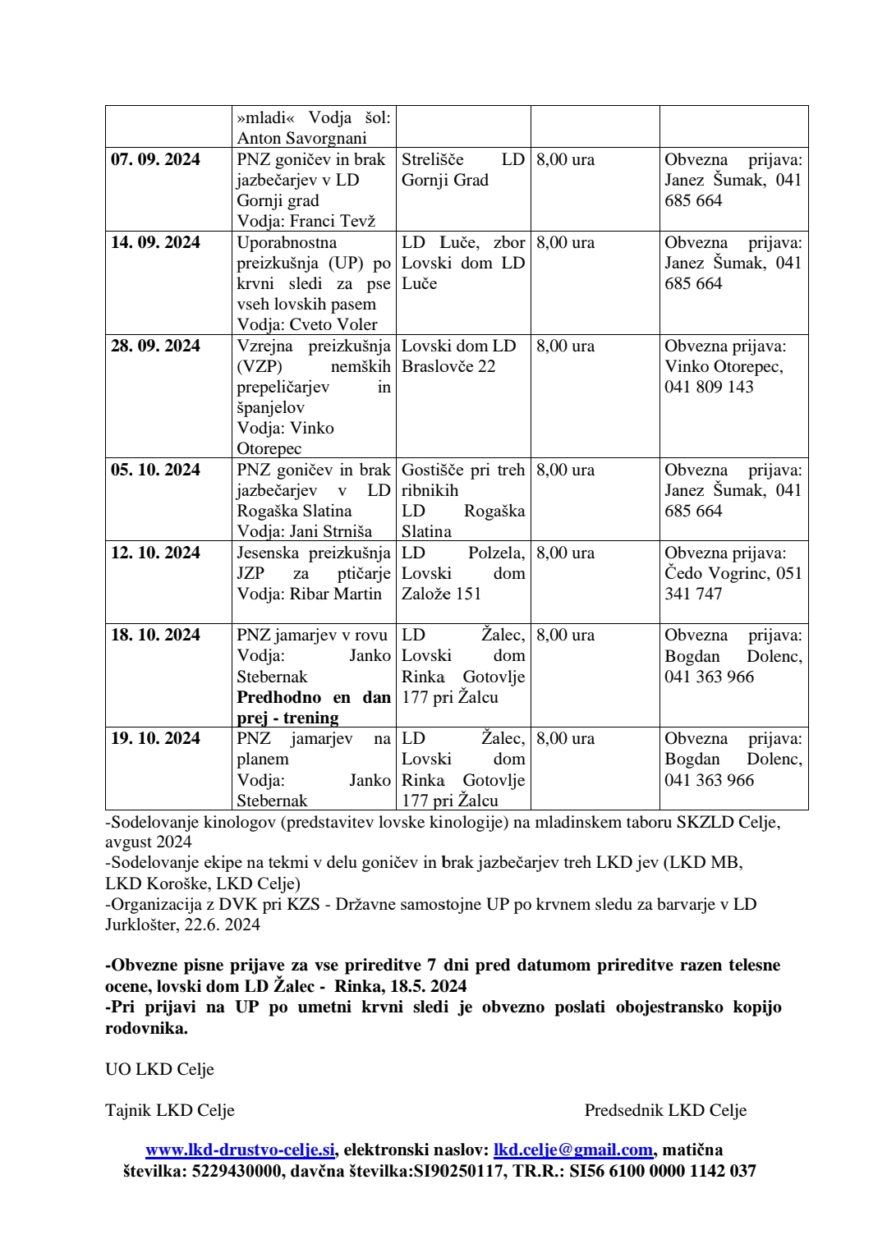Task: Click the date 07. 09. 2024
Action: point(155,159)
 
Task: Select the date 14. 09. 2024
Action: point(155,242)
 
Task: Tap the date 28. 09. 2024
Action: point(155,346)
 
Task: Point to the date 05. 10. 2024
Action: point(155,470)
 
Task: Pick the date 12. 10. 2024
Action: point(155,553)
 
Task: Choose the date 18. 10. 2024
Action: point(155,635)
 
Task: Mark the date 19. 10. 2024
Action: point(155,738)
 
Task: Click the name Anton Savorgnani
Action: point(301,138)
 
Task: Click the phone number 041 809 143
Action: point(709,387)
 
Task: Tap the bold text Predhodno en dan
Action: point(314,697)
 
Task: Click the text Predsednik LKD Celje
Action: point(665,1110)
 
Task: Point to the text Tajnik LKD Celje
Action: point(170,1110)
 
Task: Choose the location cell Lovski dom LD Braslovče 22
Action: point(458,356)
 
